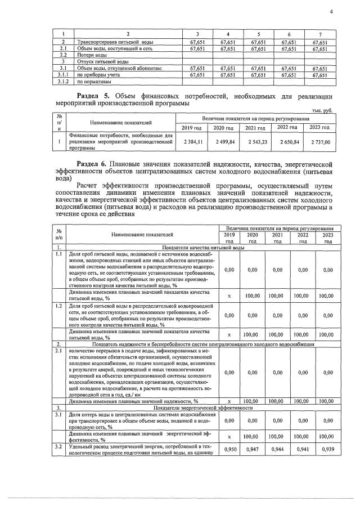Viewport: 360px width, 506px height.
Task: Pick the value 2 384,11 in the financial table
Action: point(192,142)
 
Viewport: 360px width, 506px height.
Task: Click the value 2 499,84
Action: point(224,142)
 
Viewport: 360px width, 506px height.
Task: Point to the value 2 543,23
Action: point(256,142)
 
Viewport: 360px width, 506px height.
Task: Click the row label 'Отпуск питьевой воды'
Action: point(102,61)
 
